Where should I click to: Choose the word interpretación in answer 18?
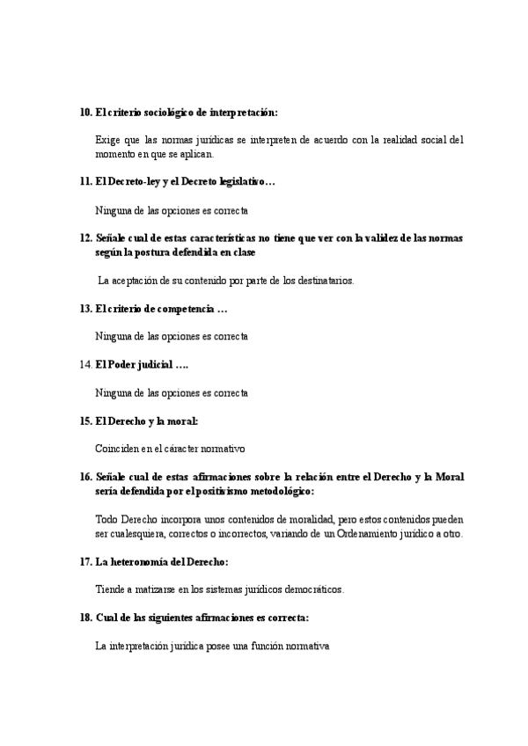pos(144,647)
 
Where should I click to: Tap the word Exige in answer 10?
pos(107,140)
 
